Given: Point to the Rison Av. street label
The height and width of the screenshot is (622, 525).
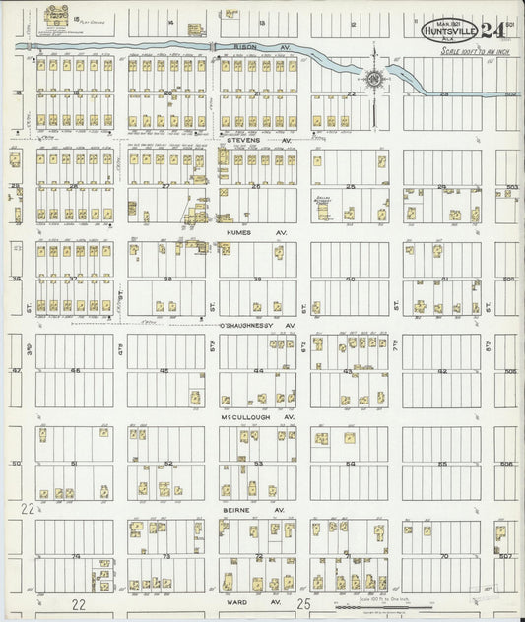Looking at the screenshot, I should pyautogui.click(x=253, y=46).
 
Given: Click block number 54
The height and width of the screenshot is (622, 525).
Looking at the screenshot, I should pyautogui.click(x=350, y=464).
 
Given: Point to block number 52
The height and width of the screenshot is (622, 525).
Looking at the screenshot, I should pyautogui.click(x=168, y=464).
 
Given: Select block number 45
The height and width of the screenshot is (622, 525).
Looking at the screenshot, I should pyautogui.click(x=164, y=371).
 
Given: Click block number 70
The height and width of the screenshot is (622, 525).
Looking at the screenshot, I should pyautogui.click(x=443, y=557).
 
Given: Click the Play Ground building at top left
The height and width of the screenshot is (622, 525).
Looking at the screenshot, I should pyautogui.click(x=50, y=16).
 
